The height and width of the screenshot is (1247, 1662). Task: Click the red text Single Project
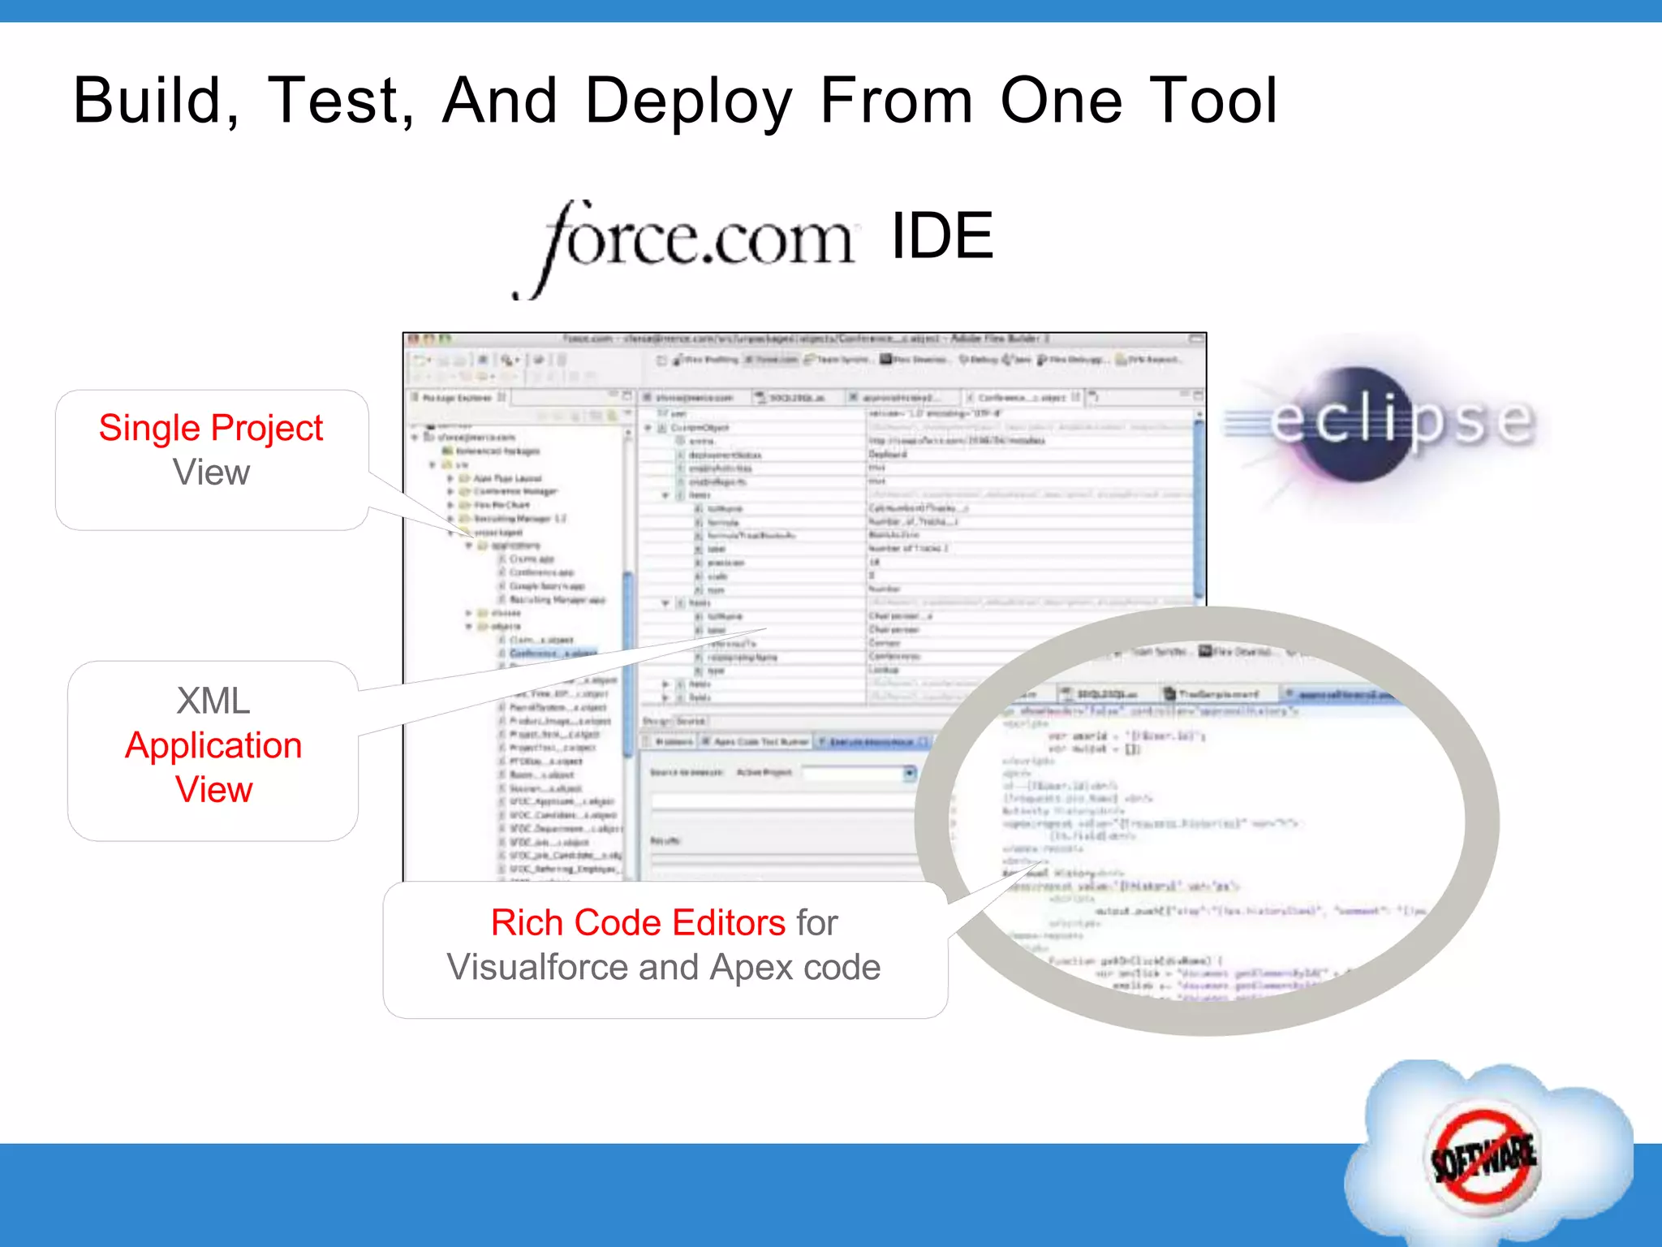click(x=211, y=428)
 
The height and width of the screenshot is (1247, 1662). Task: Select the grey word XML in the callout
click(x=213, y=701)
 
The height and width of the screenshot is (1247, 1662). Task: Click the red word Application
click(x=213, y=745)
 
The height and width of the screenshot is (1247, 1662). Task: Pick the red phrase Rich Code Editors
click(x=638, y=923)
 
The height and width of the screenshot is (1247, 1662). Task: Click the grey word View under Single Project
click(x=211, y=472)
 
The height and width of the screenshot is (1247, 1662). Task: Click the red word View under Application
click(x=213, y=790)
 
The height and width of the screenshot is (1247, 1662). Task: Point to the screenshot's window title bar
click(x=803, y=339)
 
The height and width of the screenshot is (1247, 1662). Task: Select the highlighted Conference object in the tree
click(x=552, y=653)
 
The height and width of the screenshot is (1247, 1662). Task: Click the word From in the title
click(x=896, y=101)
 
